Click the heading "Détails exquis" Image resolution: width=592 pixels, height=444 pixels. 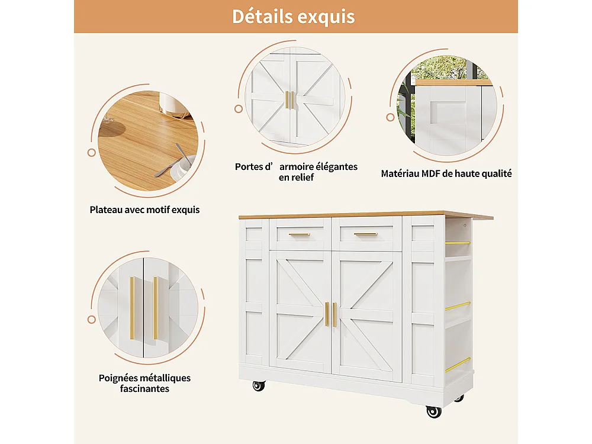(293, 16)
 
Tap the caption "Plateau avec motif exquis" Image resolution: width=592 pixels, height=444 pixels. (145, 210)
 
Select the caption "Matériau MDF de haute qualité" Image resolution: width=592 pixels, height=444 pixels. (446, 173)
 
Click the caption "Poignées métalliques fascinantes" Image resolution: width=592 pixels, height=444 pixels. (145, 383)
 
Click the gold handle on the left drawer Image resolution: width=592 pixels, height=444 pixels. (300, 234)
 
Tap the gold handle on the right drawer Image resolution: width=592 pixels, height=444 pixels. (365, 234)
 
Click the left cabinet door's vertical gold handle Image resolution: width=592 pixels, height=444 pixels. (326, 314)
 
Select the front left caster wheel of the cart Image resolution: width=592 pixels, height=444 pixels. (259, 386)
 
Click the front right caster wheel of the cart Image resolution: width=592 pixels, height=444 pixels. (433, 411)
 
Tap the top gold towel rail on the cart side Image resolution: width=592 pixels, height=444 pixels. (458, 243)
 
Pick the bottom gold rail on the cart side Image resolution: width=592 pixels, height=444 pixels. (458, 365)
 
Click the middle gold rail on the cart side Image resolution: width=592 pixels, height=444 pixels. (458, 306)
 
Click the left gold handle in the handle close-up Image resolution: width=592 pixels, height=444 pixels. (132, 308)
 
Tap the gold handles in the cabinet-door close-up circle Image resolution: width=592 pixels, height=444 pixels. (289, 99)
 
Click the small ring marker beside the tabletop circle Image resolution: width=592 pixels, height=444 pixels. (92, 153)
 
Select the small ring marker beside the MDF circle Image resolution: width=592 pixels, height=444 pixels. (391, 117)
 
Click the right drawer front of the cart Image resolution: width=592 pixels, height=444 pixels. (367, 233)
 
